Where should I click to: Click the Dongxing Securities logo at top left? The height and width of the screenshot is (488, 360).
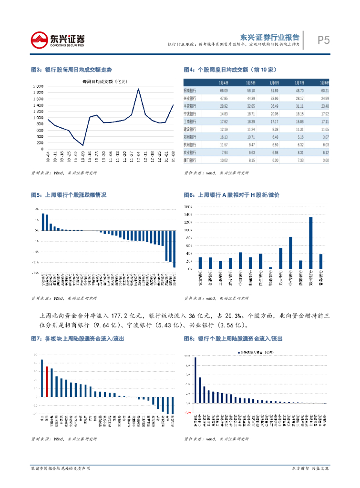click(x=57, y=40)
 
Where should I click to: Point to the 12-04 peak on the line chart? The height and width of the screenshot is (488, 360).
click(x=138, y=89)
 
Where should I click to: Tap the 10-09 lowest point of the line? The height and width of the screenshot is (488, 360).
click(x=82, y=145)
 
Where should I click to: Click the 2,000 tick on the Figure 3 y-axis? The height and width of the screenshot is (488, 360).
click(x=38, y=86)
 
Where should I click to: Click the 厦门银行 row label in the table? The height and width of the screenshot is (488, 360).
click(x=191, y=160)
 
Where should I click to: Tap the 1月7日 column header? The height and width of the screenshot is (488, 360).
click(x=299, y=82)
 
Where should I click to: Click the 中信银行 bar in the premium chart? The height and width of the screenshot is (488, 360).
click(x=290, y=253)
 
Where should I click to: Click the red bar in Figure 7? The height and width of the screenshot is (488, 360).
click(x=47, y=381)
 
